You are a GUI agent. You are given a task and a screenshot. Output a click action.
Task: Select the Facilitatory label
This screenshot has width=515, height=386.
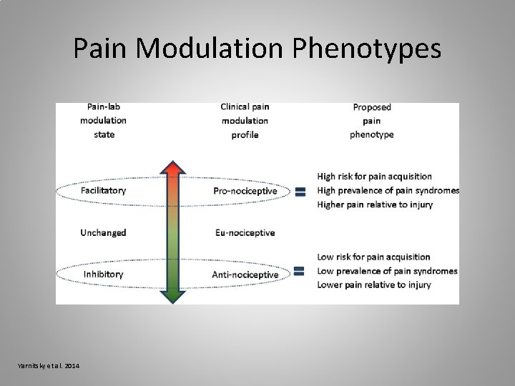(103, 190)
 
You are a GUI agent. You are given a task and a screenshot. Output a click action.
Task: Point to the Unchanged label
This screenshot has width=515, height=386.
(103, 232)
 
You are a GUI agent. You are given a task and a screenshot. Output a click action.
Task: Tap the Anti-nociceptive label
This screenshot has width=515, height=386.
(245, 274)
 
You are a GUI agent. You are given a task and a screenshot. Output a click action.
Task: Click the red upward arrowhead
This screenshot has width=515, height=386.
(172, 169)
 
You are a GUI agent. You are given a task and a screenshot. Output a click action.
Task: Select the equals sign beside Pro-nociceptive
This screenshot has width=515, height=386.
(300, 192)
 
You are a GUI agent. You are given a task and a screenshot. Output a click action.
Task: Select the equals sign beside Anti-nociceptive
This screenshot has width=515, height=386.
(300, 272)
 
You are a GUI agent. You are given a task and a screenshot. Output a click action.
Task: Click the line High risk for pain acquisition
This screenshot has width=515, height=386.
(374, 176)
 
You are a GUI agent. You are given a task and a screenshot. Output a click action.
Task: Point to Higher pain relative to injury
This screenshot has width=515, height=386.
(375, 205)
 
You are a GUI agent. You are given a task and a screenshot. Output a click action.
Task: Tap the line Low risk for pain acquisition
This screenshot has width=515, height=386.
(373, 257)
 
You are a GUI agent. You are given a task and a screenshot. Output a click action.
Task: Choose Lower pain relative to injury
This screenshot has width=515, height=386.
(374, 285)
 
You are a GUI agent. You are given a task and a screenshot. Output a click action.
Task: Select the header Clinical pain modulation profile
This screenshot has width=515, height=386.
(245, 120)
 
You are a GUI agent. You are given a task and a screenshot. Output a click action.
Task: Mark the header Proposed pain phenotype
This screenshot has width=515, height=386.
(372, 121)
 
